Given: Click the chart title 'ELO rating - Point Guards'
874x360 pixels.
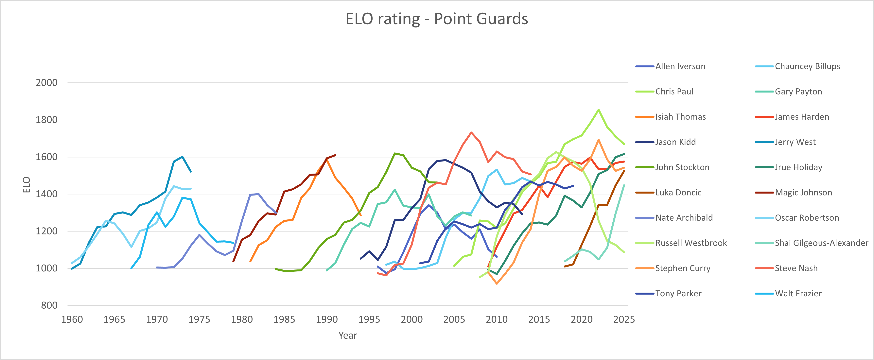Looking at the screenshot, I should [x=437, y=19].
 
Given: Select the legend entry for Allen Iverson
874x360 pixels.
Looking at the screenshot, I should [x=680, y=66].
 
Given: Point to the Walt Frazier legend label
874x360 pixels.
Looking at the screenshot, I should [x=798, y=294].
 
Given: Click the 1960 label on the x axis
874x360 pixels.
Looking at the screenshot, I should [x=72, y=319].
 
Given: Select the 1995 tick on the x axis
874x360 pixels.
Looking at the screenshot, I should [x=369, y=319].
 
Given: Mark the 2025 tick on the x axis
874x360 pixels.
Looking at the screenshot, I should [x=624, y=319].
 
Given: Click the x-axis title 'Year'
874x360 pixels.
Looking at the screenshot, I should [x=347, y=335].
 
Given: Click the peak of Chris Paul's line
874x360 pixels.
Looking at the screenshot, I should [x=599, y=110].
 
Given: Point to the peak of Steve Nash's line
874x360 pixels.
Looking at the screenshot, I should [x=471, y=132].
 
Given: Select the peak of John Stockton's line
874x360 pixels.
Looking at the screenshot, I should [x=395, y=153].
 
